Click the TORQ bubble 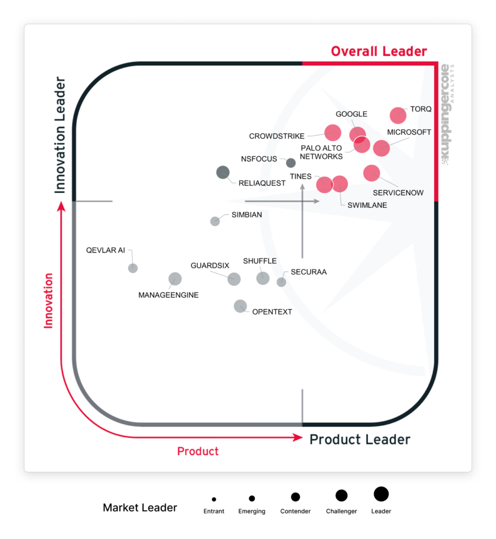coord(398,115)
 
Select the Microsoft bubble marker coord(381,148)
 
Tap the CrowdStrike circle coord(332,133)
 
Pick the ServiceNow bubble coord(371,173)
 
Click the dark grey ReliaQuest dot coord(223,172)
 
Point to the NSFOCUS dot coord(290,163)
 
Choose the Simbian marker coord(215,221)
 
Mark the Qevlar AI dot coord(133,268)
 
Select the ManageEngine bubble coord(175,279)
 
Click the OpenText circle coord(240,306)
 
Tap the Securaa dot coord(281,282)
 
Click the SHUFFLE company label coord(260,261)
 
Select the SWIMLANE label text coord(367,205)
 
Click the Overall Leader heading coord(379,52)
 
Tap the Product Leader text coord(360,440)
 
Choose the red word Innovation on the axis coord(49,301)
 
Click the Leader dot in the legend coord(381,494)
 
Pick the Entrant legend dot coord(214,499)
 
